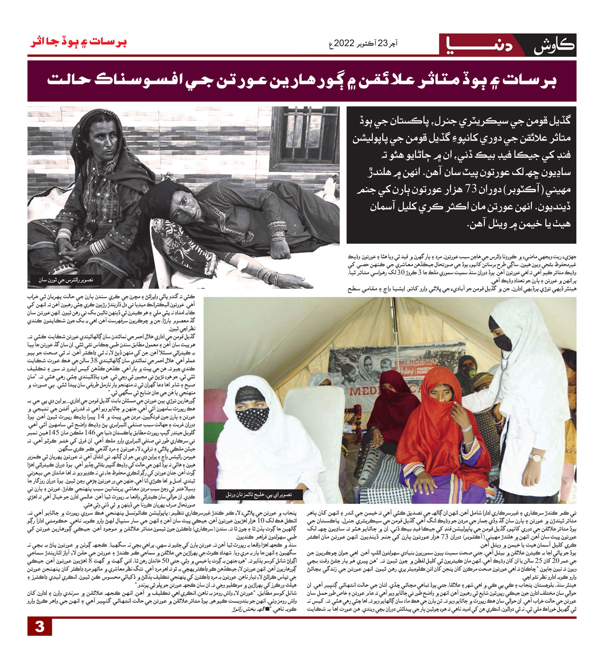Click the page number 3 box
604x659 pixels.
pos(39,627)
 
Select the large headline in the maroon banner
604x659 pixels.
pos(302,80)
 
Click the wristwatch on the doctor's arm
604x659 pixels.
pos(536,458)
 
